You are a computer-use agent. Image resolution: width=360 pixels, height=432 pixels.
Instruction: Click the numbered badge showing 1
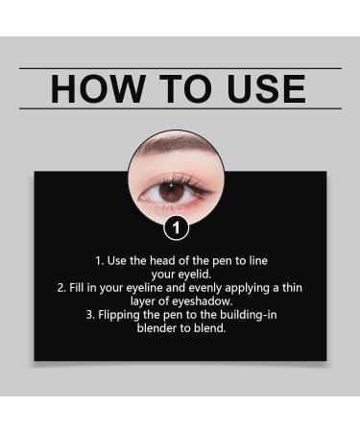tap(176, 228)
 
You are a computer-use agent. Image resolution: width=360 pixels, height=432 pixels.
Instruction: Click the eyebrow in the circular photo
tap(178, 156)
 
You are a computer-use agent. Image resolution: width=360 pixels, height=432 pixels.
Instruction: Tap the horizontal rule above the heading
tap(180, 68)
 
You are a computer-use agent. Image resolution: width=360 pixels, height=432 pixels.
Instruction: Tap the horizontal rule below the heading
tap(180, 108)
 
